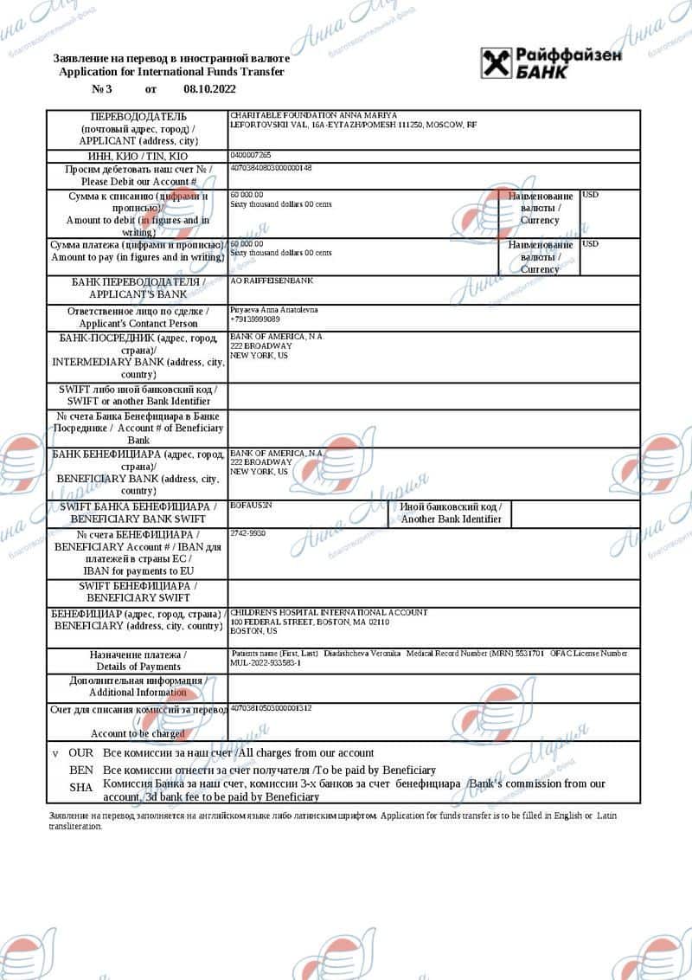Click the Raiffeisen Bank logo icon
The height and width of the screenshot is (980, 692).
pyautogui.click(x=497, y=62)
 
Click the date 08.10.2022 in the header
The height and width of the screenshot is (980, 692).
pyautogui.click(x=209, y=89)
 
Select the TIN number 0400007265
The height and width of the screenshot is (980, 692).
pyautogui.click(x=251, y=155)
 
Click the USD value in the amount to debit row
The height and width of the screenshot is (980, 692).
pyautogui.click(x=591, y=195)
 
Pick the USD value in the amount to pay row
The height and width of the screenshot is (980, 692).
pyautogui.click(x=591, y=244)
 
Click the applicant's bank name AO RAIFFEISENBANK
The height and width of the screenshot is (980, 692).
pyautogui.click(x=272, y=281)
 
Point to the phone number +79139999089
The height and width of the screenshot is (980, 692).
pyautogui.click(x=255, y=319)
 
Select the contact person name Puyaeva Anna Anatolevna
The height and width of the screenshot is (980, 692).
pyautogui.click(x=274, y=309)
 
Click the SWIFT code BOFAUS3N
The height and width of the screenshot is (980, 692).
pyautogui.click(x=252, y=504)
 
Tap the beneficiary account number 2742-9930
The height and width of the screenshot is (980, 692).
pyautogui.click(x=248, y=533)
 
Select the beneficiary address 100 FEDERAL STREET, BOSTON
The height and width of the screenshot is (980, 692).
pyautogui.click(x=310, y=622)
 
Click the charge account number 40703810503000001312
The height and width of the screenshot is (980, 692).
pyautogui.click(x=272, y=708)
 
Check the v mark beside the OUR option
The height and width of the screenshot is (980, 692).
pyautogui.click(x=54, y=753)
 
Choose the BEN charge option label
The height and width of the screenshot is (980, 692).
pyautogui.click(x=81, y=770)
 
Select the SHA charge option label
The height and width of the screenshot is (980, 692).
pyautogui.click(x=81, y=787)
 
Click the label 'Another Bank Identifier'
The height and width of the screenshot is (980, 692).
pyautogui.click(x=451, y=519)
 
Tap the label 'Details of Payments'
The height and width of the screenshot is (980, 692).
pyautogui.click(x=138, y=667)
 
